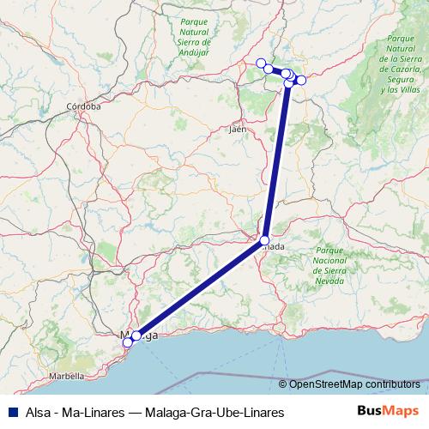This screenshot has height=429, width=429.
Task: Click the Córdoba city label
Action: click(84, 107)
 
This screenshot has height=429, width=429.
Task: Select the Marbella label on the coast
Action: click(66, 376)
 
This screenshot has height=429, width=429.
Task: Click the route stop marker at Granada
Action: click(265, 240)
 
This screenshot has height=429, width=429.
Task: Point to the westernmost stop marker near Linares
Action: click(261, 63)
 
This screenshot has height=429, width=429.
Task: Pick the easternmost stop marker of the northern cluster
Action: click(301, 80)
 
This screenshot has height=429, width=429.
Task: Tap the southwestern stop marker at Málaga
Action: click(128, 342)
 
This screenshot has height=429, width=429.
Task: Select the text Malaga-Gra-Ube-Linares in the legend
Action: click(217, 413)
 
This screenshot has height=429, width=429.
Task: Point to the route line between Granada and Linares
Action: click(276, 163)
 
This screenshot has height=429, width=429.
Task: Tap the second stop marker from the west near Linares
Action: click(269, 69)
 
